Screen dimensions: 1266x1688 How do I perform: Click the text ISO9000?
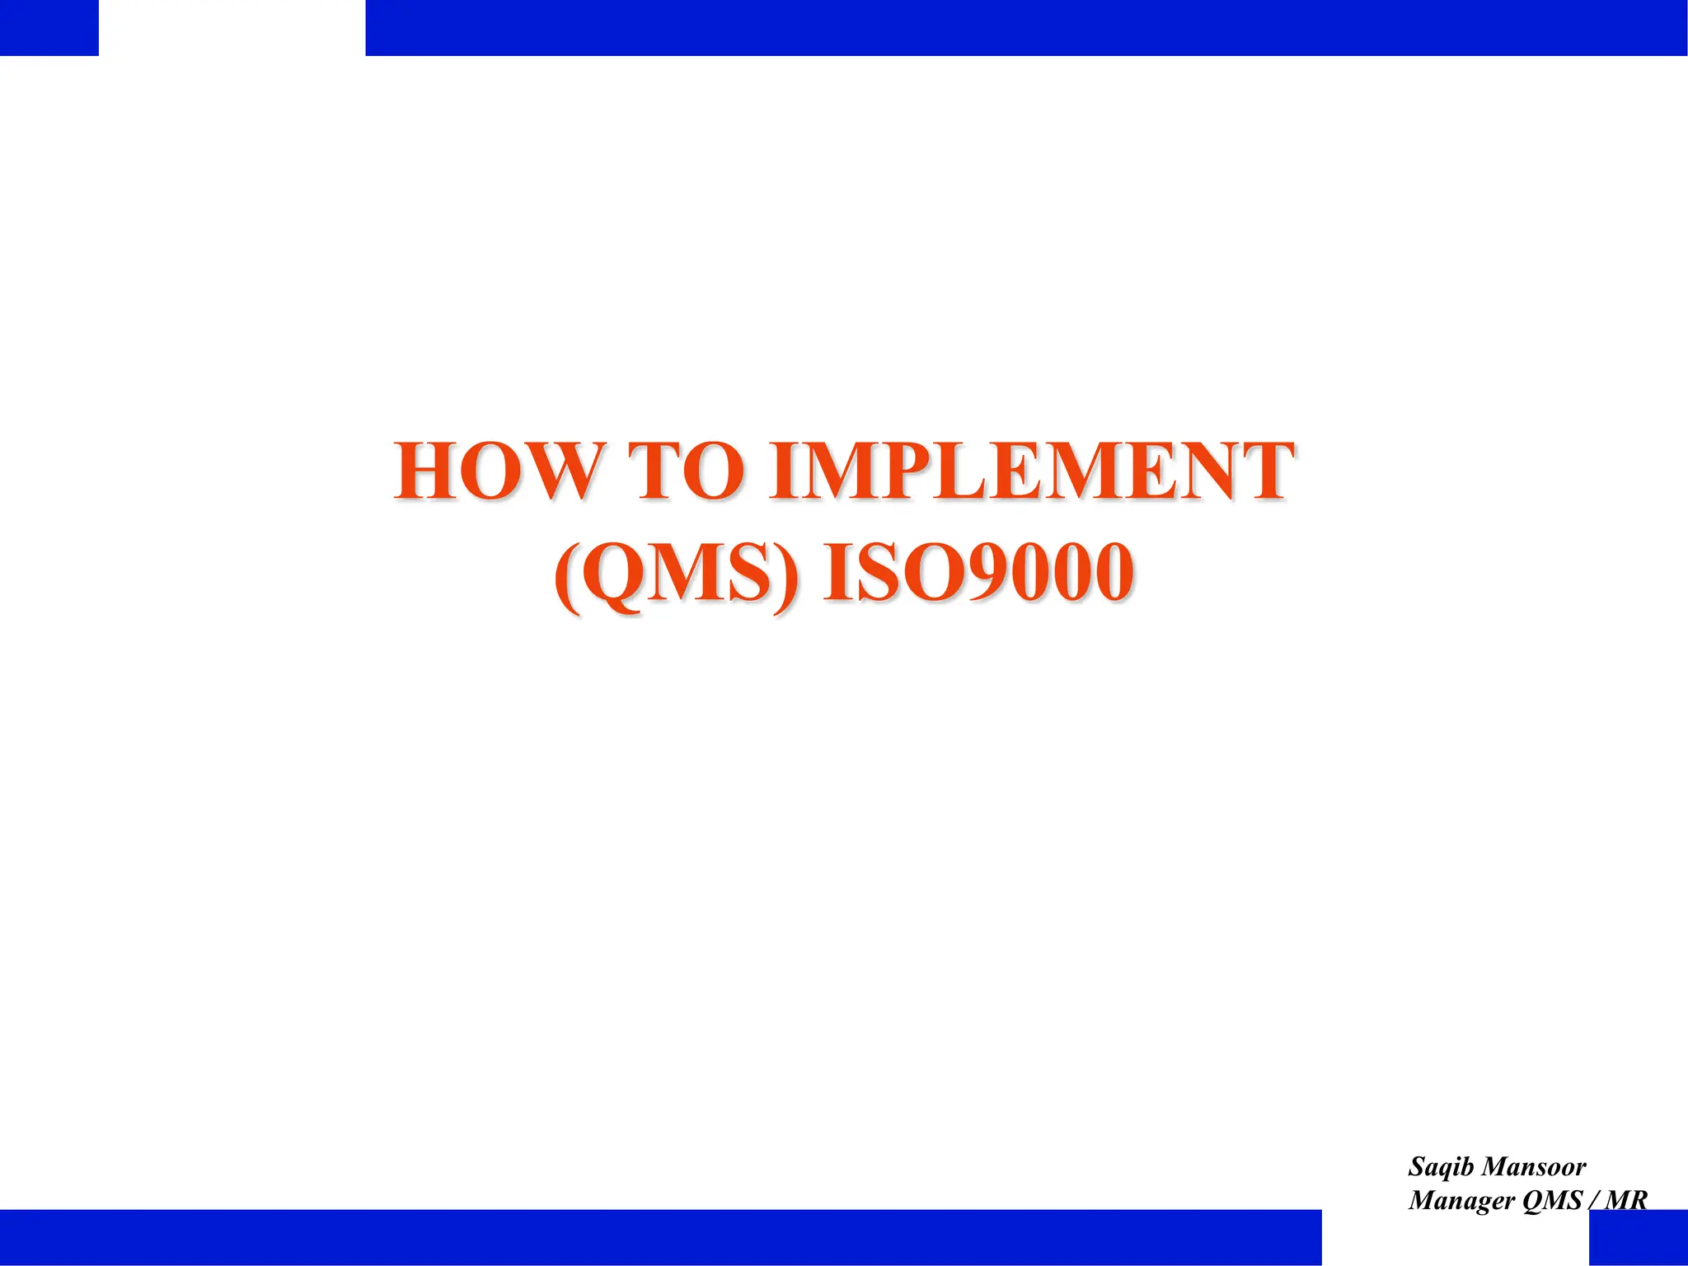(x=978, y=573)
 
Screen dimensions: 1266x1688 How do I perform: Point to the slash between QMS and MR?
(x=1593, y=1200)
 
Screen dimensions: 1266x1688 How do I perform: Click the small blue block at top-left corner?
(x=49, y=27)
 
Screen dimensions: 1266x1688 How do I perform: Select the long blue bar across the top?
(x=1025, y=27)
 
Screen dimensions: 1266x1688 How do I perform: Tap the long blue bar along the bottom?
(x=659, y=1237)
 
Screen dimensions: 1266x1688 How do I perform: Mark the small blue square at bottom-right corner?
(x=1638, y=1237)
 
